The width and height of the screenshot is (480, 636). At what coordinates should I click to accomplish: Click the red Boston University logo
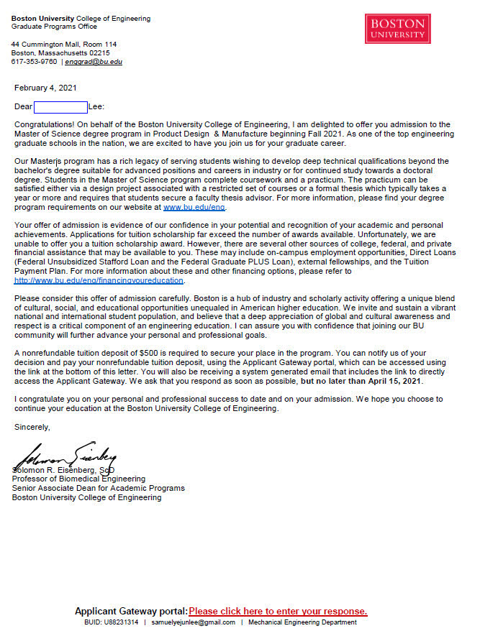[398, 29]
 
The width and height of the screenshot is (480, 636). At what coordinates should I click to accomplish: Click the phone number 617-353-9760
[34, 62]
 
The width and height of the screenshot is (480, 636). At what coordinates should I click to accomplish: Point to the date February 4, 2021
[45, 88]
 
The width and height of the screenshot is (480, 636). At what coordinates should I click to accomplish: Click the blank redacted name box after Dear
[60, 107]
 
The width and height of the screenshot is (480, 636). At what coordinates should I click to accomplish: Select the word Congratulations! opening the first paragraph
[44, 125]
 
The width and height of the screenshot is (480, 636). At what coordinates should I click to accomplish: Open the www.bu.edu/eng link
[194, 207]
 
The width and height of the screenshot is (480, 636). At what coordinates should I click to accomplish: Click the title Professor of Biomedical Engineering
[78, 479]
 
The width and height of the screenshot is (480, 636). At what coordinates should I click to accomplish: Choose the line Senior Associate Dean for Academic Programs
[98, 488]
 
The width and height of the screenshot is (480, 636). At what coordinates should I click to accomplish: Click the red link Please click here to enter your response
[278, 612]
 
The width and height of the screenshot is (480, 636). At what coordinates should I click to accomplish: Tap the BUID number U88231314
[121, 622]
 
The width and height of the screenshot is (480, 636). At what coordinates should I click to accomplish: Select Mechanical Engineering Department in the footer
[302, 622]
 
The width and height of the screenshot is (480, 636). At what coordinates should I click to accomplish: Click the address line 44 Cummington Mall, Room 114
[63, 45]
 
